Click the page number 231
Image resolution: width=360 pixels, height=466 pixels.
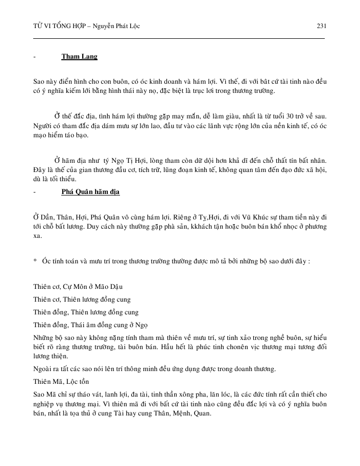tap(322, 26)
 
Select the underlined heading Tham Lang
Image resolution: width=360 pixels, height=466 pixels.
tap(79, 56)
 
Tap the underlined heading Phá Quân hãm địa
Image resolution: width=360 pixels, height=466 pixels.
tap(90, 192)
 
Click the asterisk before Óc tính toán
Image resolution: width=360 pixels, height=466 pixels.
tap(35, 261)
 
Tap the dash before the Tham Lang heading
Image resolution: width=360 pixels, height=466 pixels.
tap(34, 56)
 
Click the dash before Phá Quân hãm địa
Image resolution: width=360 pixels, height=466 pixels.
tap(34, 192)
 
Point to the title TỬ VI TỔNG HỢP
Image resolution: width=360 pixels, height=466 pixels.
tap(57, 26)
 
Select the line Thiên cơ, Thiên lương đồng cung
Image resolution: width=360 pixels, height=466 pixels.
tap(82, 299)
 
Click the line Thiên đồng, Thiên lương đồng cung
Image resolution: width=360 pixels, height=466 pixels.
tap(86, 312)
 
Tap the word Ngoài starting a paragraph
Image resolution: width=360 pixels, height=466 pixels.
tap(43, 369)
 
